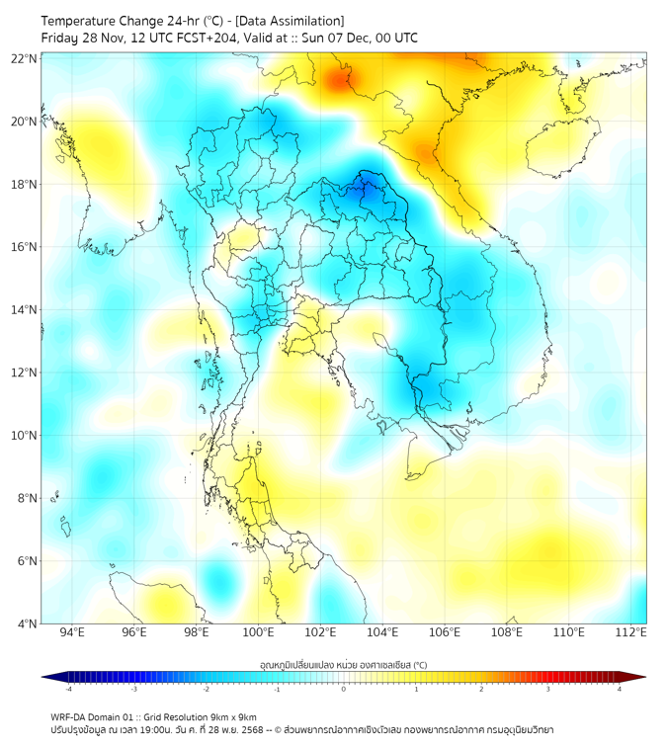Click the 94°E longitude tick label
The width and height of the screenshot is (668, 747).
coord(72,632)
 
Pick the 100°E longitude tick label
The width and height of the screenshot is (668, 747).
coord(259,632)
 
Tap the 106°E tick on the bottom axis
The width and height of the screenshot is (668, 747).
coord(446,632)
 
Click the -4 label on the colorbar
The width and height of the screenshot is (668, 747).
coord(68,689)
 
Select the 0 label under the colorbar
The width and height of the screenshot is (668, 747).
coord(344,689)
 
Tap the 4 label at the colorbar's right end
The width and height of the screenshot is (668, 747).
coord(620,689)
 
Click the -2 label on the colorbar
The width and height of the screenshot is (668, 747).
coord(206,689)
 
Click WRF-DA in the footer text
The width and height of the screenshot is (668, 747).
coord(70,716)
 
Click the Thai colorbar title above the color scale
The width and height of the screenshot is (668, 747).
coord(344,664)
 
